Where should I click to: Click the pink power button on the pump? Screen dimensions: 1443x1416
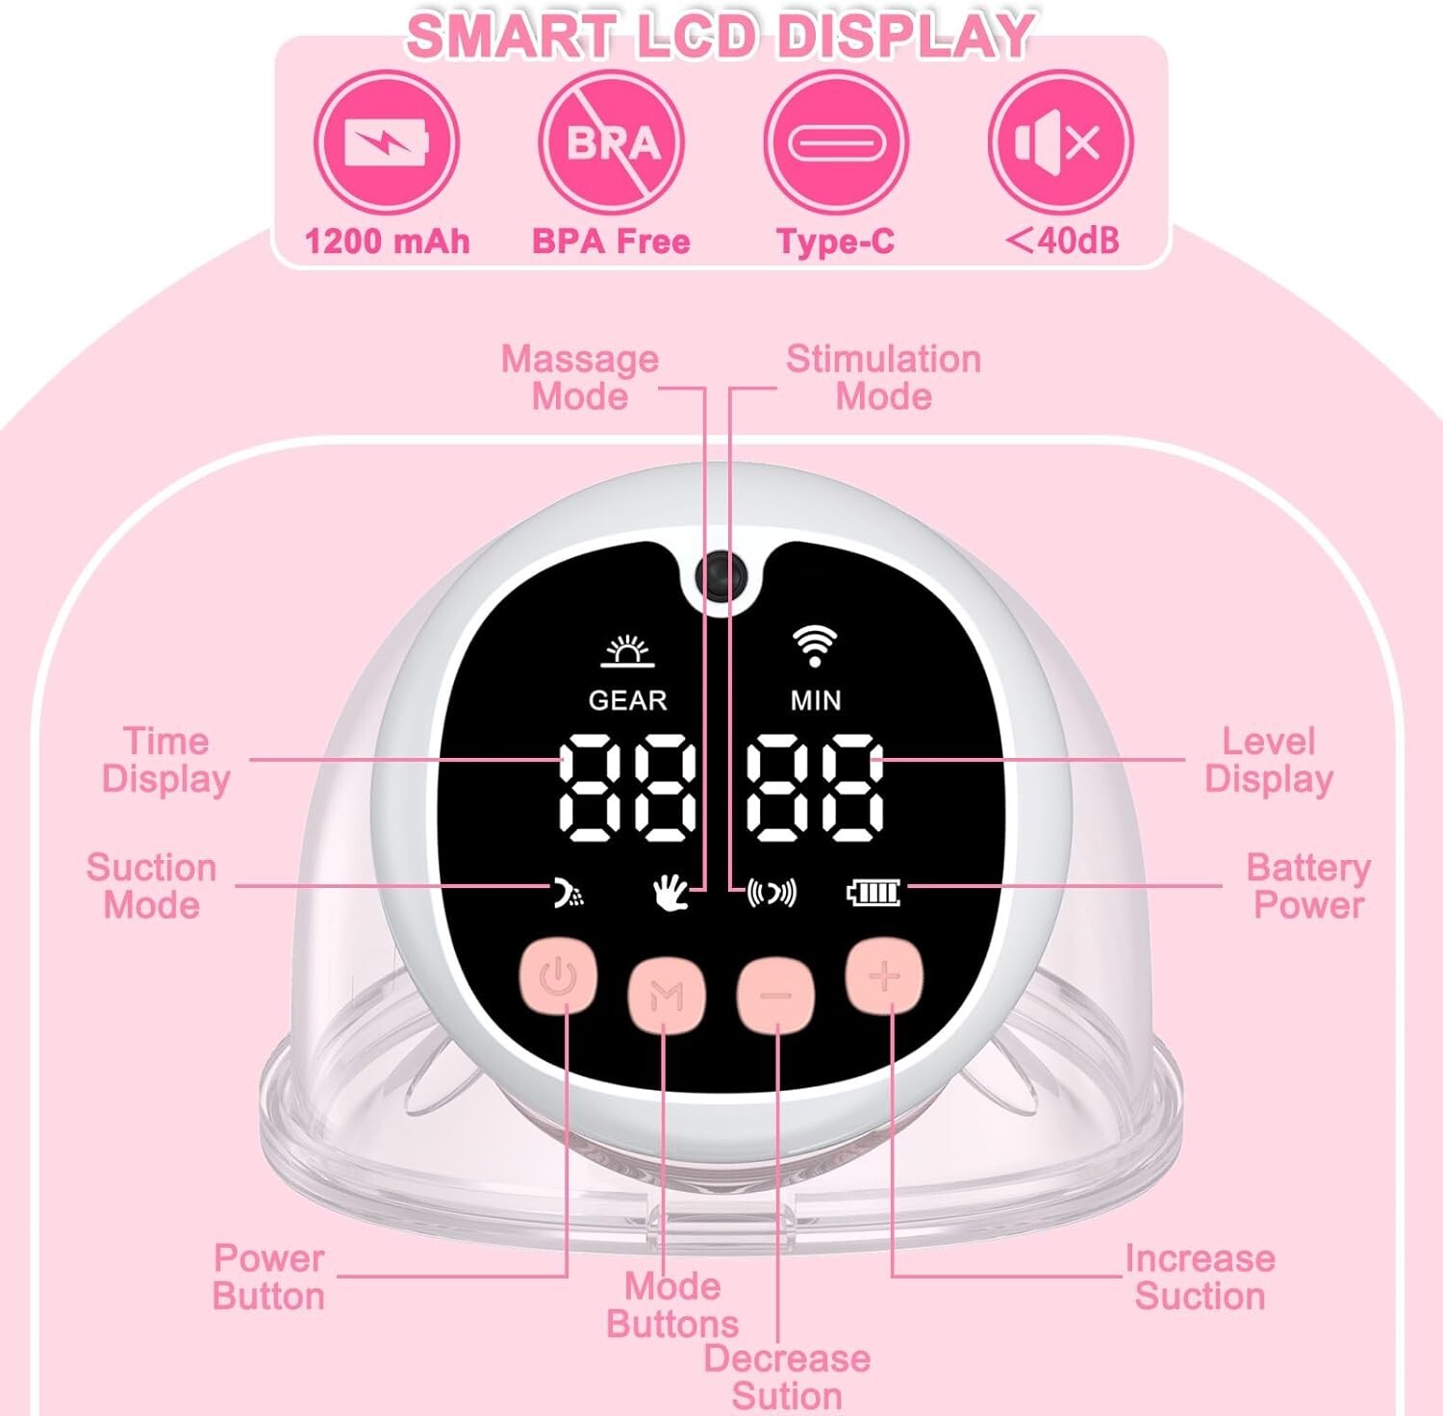[x=558, y=976]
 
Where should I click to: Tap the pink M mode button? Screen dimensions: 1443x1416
[x=667, y=994]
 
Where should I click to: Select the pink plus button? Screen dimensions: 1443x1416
[x=884, y=976]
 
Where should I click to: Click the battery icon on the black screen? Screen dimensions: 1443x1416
[x=873, y=893]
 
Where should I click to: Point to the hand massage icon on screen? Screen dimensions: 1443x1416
[x=671, y=893]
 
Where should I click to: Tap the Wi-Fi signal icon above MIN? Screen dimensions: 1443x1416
[x=815, y=645]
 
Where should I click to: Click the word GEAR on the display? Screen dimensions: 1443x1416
[x=627, y=700]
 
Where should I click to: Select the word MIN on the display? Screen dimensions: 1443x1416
[x=816, y=700]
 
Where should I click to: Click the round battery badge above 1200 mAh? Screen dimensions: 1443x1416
[x=387, y=142]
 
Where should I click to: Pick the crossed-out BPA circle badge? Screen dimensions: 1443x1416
[x=612, y=142]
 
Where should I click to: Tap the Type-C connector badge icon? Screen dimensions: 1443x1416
[x=835, y=142]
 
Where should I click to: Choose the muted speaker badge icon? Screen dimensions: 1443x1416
[x=1060, y=142]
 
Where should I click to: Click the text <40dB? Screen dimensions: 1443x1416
[x=1062, y=240]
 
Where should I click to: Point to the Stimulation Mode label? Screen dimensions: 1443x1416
[x=883, y=377]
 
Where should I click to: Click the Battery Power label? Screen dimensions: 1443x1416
[x=1308, y=886]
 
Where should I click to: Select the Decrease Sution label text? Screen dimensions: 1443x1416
[x=787, y=1377]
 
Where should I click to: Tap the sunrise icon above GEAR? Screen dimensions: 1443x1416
[x=627, y=651]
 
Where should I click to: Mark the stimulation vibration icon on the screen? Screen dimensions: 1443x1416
[x=772, y=894]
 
